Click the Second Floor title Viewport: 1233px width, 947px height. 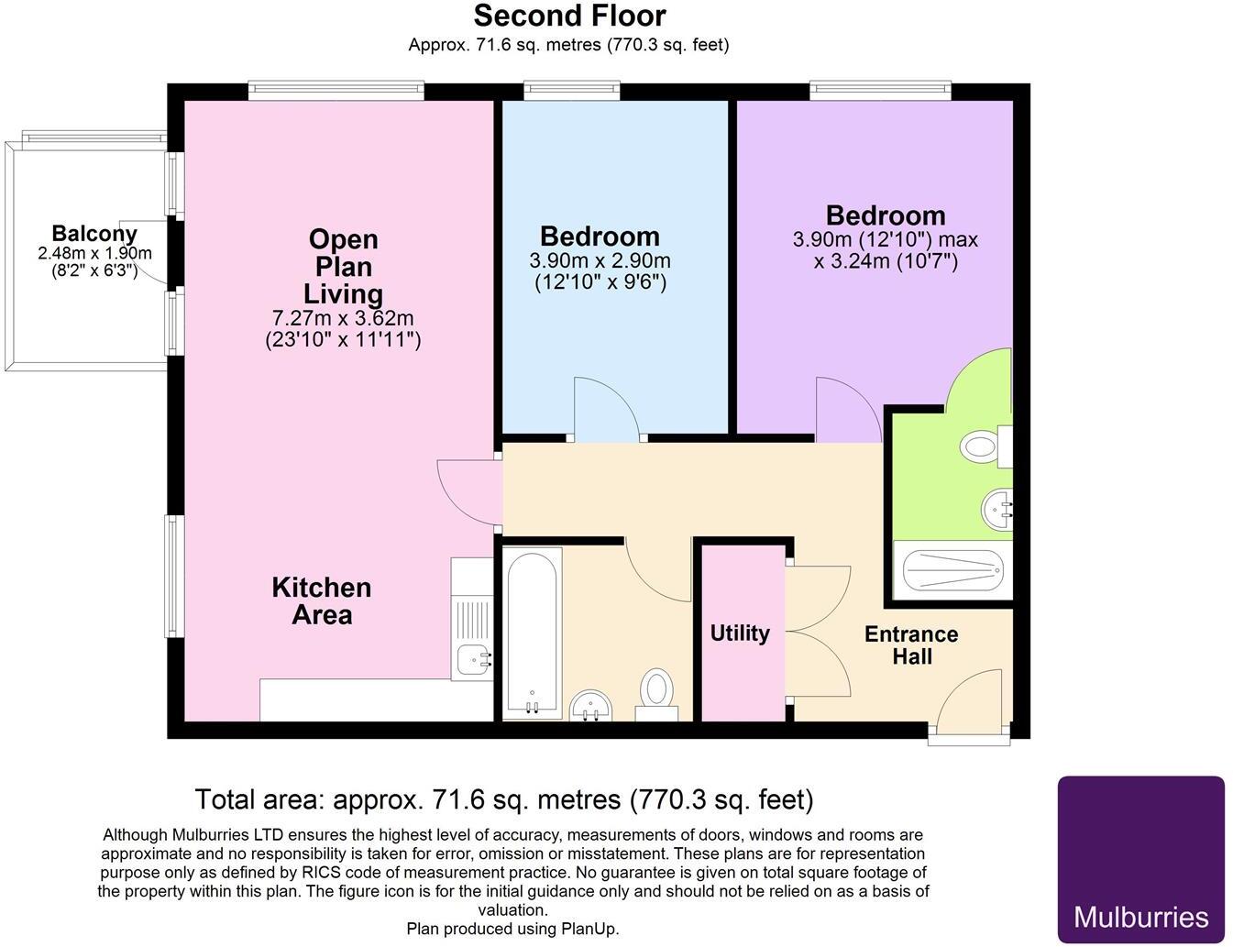[569, 16]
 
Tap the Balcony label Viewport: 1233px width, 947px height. [94, 234]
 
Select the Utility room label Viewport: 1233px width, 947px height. [740, 633]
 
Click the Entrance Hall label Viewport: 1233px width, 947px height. [911, 645]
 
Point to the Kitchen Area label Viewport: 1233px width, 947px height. [321, 600]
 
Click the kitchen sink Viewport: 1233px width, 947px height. [473, 656]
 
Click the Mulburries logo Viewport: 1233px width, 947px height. [1140, 859]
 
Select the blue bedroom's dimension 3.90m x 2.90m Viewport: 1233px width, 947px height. [600, 261]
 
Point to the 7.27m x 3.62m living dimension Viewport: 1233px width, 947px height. [343, 318]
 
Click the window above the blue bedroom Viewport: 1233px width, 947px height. [572, 90]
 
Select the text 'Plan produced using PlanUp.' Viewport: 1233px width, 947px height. [512, 929]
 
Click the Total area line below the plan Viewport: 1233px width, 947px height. [503, 800]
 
